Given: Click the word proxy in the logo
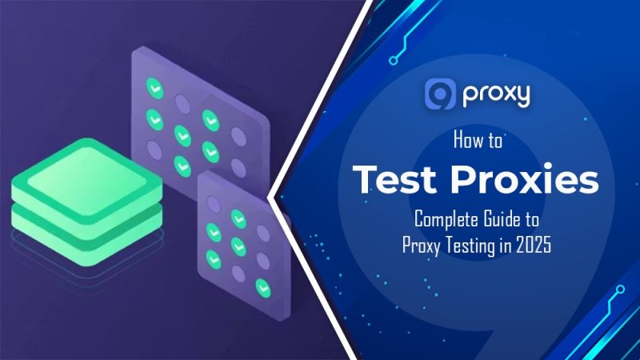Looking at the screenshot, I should point(495,95).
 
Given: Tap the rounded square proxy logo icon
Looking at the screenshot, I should point(440,94).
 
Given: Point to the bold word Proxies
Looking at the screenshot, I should point(526,179).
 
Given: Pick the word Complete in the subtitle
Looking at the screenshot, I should point(442,218).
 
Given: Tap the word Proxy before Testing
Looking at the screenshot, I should point(422,244).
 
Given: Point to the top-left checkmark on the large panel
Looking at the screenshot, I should point(153,86).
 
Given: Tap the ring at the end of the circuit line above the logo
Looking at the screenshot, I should point(394,58).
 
